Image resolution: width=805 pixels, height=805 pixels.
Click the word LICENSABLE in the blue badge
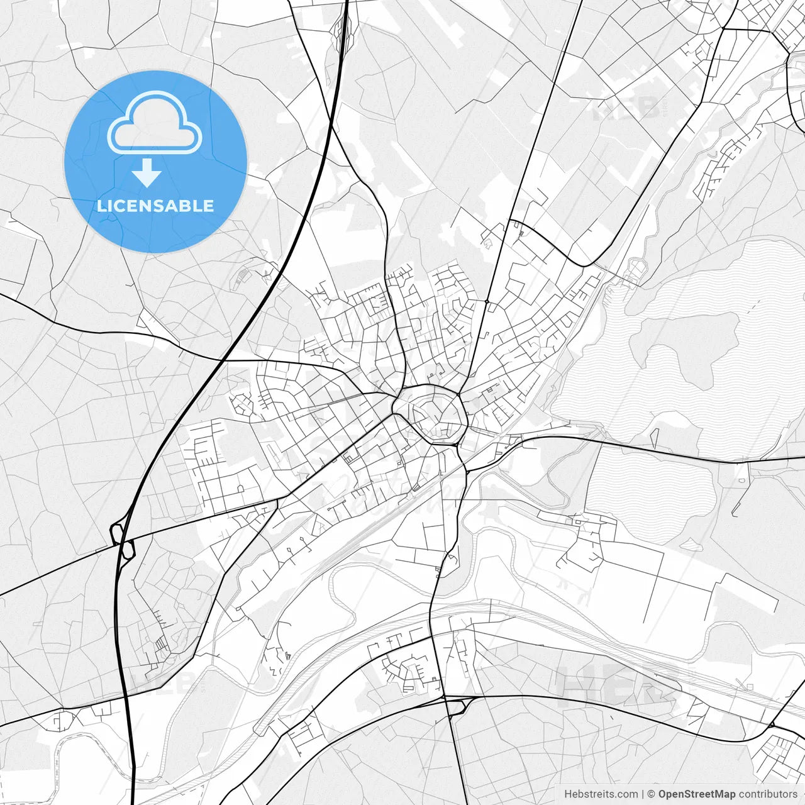coord(155,206)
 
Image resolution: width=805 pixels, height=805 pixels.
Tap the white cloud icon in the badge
coord(155,123)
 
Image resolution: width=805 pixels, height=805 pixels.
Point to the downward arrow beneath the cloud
coord(147,173)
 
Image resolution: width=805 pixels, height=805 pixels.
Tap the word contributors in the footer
coord(768,794)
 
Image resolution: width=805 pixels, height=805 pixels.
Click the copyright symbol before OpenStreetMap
coord(651,794)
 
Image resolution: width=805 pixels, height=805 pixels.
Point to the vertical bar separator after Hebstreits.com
coord(642,794)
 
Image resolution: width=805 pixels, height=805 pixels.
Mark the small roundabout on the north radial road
coord(487,302)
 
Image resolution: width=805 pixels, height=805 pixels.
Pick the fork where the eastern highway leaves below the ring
coord(467,469)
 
